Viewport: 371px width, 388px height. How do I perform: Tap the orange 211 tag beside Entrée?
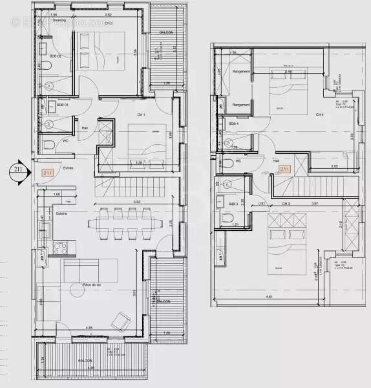(47, 173)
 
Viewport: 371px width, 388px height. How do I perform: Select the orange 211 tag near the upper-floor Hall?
(284, 169)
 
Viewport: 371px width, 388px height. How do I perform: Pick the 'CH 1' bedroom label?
(141, 114)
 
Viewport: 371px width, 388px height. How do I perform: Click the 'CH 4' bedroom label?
(319, 114)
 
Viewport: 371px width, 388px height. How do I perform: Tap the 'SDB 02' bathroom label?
(55, 56)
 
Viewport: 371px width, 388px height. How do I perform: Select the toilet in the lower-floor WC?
(50, 144)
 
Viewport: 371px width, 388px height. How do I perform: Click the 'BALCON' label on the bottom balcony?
(85, 360)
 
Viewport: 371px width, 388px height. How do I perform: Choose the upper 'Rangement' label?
(240, 72)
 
